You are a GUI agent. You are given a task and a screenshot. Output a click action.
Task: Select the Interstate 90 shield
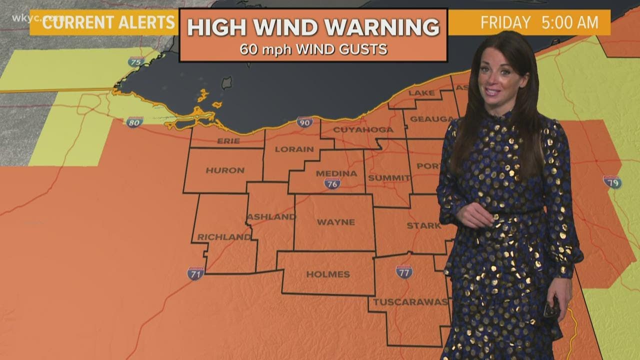pos(304,122)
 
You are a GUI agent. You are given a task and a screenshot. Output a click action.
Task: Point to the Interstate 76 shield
pos(332,183)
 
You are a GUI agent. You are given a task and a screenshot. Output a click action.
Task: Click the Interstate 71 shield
pos(195,273)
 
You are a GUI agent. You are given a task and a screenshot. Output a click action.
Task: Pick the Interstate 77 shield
pos(404,271)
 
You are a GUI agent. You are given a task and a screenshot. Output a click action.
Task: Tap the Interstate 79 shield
pos(612,182)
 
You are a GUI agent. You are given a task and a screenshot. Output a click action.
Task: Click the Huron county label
pos(225,170)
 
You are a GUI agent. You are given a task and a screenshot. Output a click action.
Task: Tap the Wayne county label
pos(336,222)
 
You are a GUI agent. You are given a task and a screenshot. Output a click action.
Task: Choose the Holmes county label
pos(328,274)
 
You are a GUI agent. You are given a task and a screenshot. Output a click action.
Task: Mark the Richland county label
pos(224,237)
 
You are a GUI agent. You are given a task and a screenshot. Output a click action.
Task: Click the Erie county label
pos(228,141)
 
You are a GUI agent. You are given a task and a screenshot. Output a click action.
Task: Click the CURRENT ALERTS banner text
pos(109,22)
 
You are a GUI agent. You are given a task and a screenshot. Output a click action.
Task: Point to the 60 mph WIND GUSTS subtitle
pos(313,49)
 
